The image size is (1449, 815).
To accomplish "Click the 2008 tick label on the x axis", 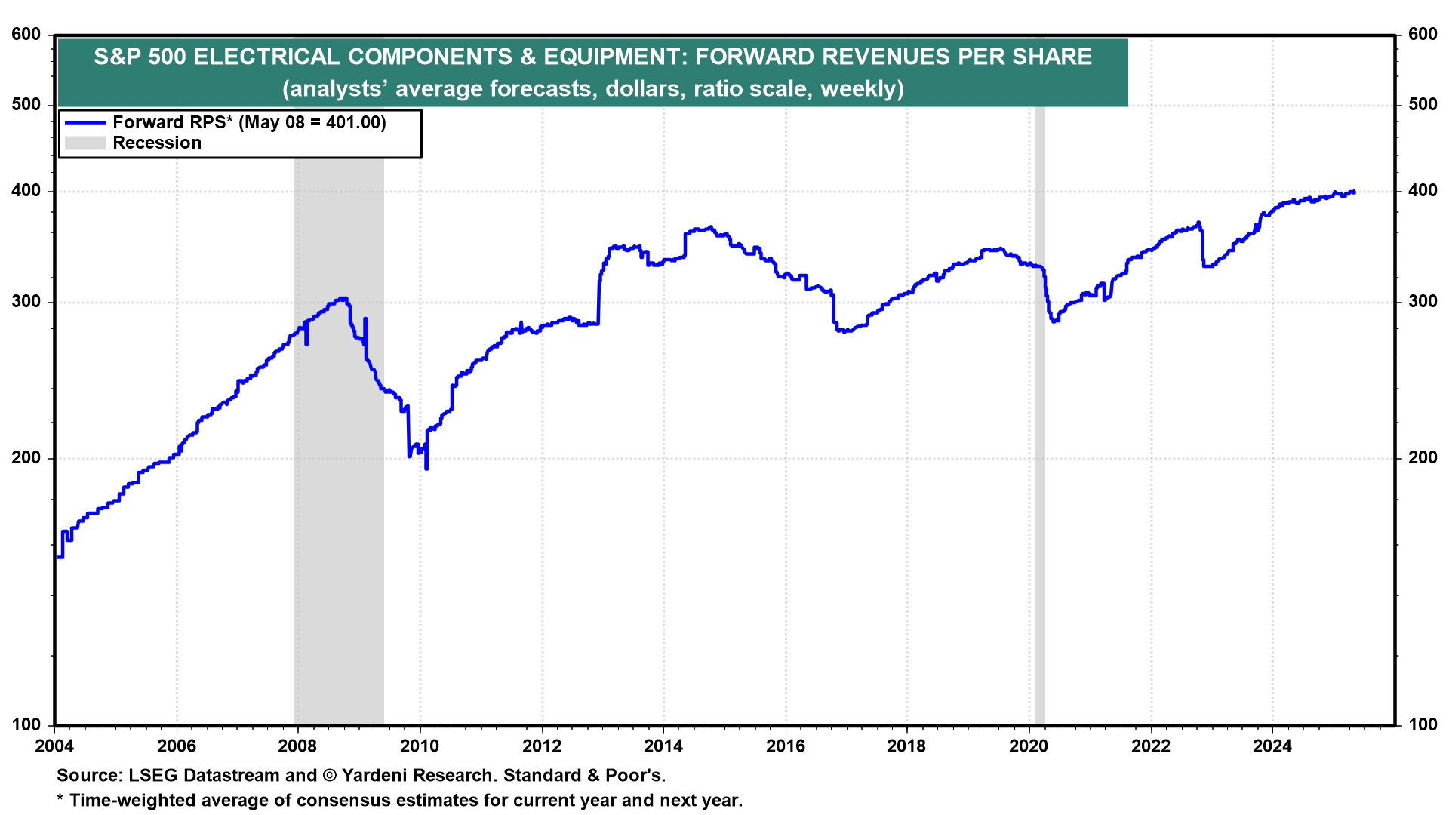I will pyautogui.click(x=297, y=746).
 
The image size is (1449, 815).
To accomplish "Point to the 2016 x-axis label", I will pyautogui.click(x=785, y=746).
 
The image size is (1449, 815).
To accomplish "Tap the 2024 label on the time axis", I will pyautogui.click(x=1272, y=746).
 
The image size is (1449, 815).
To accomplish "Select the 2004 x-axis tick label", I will pyautogui.click(x=54, y=746).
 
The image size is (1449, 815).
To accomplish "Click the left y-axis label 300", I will pyautogui.click(x=26, y=302).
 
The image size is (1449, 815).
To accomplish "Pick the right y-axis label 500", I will pyautogui.click(x=1423, y=105).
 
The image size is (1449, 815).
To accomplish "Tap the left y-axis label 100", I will pyautogui.click(x=26, y=725).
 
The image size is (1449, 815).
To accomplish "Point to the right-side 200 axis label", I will pyautogui.click(x=1423, y=458).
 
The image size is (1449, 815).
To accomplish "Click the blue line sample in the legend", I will pyautogui.click(x=85, y=122).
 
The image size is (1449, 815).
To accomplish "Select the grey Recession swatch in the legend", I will pyautogui.click(x=85, y=143).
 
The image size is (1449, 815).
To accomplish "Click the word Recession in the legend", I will pyautogui.click(x=157, y=143).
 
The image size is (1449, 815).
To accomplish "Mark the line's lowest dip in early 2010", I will pyautogui.click(x=426, y=469).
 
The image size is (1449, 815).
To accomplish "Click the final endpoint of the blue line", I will pyautogui.click(x=1355, y=192).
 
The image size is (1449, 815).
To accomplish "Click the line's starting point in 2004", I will pyautogui.click(x=58, y=557).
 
